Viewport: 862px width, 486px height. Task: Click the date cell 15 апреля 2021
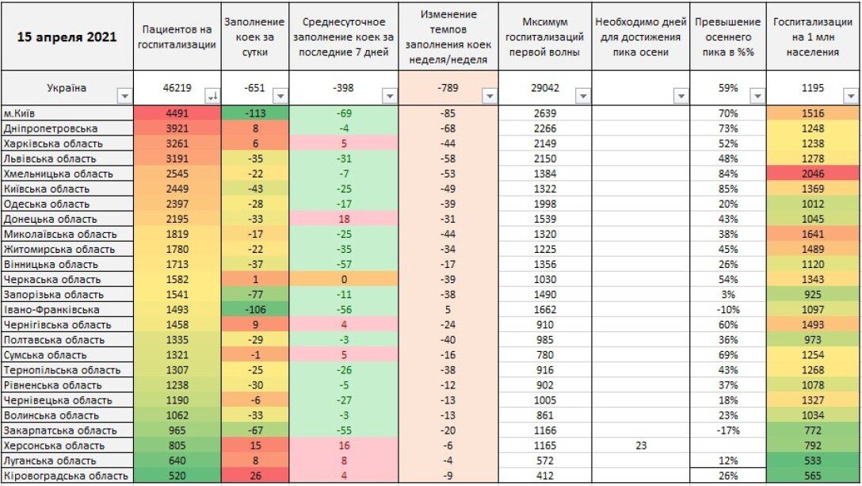pyautogui.click(x=67, y=37)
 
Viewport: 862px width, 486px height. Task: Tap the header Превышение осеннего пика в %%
pyautogui.click(x=727, y=37)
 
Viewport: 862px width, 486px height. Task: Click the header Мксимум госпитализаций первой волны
pyautogui.click(x=544, y=37)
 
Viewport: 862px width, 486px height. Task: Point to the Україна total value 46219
pyautogui.click(x=176, y=88)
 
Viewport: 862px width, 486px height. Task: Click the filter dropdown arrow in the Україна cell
pyautogui.click(x=124, y=96)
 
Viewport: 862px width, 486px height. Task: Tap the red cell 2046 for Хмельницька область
pyautogui.click(x=813, y=174)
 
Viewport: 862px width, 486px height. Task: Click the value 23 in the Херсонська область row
pyautogui.click(x=640, y=445)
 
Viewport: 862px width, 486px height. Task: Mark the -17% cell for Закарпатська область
pyautogui.click(x=727, y=430)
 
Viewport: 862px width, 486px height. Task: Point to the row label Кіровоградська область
pyautogui.click(x=66, y=475)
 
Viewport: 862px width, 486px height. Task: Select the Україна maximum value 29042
pyautogui.click(x=544, y=88)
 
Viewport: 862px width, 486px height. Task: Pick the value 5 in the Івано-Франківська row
pyautogui.click(x=448, y=309)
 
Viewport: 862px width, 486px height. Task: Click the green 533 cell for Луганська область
pyautogui.click(x=813, y=460)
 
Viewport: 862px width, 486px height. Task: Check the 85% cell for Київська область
pyautogui.click(x=727, y=189)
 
